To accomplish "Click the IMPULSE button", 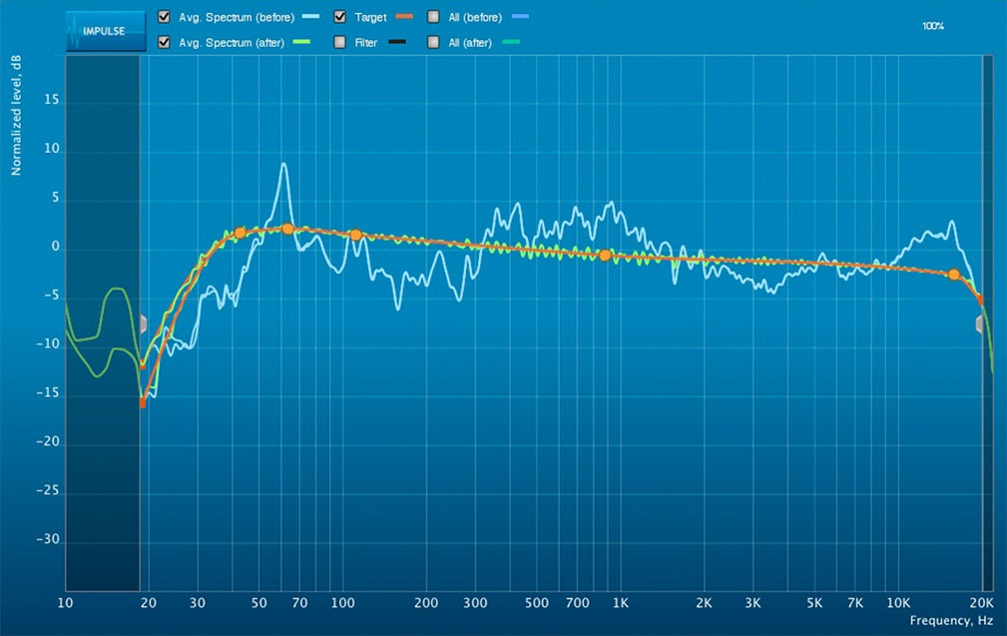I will pyautogui.click(x=96, y=30).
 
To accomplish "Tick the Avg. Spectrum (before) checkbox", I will pyautogui.click(x=164, y=17).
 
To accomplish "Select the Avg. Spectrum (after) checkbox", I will pyautogui.click(x=164, y=42).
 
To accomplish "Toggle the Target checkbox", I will pyautogui.click(x=340, y=17).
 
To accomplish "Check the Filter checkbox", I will pyautogui.click(x=340, y=42).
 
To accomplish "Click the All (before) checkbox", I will pyautogui.click(x=433, y=17).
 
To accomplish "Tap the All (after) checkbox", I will pyautogui.click(x=433, y=42).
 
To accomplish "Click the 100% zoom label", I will pyautogui.click(x=933, y=26).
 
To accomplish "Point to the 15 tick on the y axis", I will pyautogui.click(x=52, y=101).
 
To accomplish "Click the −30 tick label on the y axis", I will pyautogui.click(x=48, y=540).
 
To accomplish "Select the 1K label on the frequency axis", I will pyautogui.click(x=621, y=603).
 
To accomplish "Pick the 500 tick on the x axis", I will pyautogui.click(x=537, y=603).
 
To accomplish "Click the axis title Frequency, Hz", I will pyautogui.click(x=951, y=620).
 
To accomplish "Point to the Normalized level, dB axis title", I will pyautogui.click(x=17, y=116).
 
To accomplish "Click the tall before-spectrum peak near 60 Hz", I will pyautogui.click(x=284, y=165).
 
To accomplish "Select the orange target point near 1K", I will pyautogui.click(x=605, y=256).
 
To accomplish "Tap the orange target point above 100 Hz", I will pyautogui.click(x=355, y=235).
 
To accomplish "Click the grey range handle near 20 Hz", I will pyautogui.click(x=144, y=323).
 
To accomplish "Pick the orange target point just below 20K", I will pyautogui.click(x=954, y=275).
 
